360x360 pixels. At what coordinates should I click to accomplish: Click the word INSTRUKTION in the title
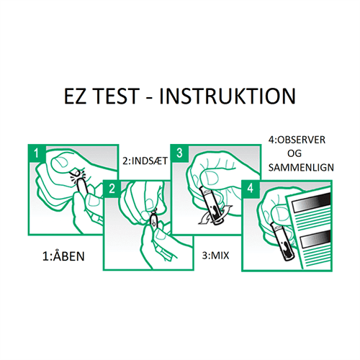point(228,96)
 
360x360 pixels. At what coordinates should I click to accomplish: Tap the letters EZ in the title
point(75,96)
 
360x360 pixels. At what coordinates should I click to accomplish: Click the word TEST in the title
point(116,96)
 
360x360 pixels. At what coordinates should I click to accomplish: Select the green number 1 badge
point(37,153)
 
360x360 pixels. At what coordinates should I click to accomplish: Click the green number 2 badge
point(112,189)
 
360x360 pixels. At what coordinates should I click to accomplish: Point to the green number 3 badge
point(179,153)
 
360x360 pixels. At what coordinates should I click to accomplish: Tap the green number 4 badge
point(251,189)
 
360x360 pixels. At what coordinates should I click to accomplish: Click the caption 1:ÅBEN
point(63,256)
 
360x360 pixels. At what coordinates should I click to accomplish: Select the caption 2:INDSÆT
point(145,161)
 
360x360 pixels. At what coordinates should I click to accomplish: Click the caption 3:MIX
point(215,256)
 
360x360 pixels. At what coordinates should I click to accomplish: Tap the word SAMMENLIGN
point(301,168)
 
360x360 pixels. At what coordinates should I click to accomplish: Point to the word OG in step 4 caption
point(294,153)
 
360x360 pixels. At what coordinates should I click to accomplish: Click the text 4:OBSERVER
point(297,140)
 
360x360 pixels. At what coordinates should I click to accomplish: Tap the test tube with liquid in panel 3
point(210,206)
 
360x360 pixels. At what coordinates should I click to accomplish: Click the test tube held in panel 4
point(282,243)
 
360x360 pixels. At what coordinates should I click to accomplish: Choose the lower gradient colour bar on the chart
point(315,240)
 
